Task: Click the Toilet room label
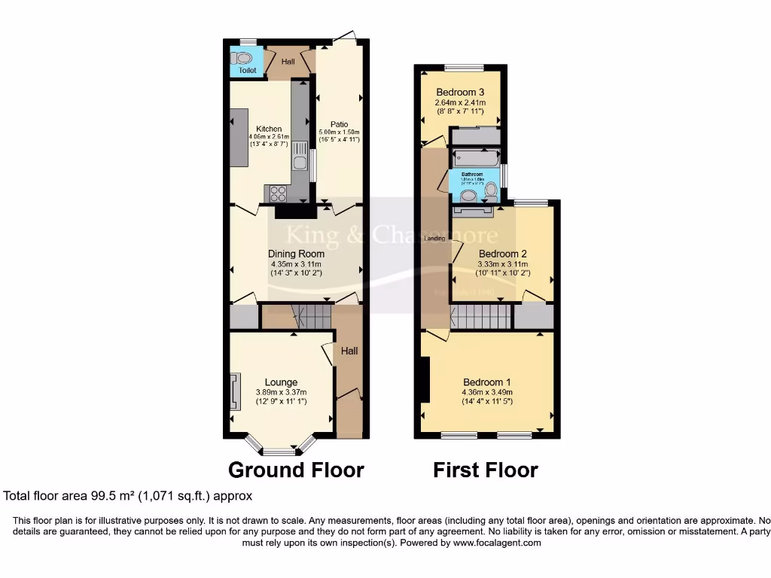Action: (248, 71)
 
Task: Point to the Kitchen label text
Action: (269, 129)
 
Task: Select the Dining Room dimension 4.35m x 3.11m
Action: (296, 264)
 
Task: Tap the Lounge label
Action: (281, 382)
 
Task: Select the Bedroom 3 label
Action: (459, 93)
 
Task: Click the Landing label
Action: (434, 239)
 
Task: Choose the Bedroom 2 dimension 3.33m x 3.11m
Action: (503, 264)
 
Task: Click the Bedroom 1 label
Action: (486, 381)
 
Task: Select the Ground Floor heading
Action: (296, 470)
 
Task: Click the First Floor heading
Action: (485, 470)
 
